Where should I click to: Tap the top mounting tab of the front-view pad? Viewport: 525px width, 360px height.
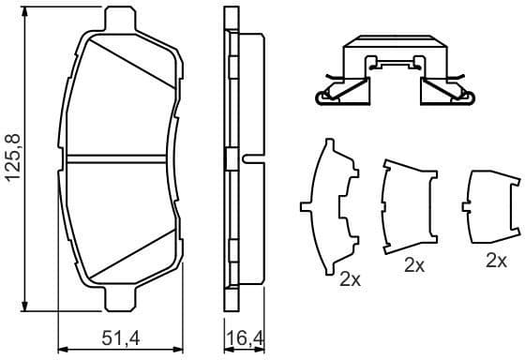point(120,18)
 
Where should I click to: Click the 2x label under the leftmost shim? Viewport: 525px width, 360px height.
point(350,278)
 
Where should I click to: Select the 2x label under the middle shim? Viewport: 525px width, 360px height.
point(413,265)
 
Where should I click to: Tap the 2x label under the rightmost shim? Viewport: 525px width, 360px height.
point(497,261)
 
